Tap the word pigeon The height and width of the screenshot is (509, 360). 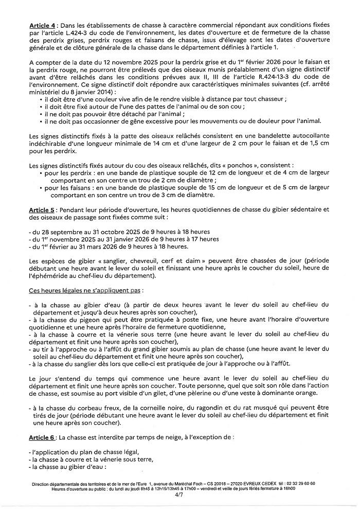tap(85, 320)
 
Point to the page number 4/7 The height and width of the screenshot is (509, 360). tap(179, 495)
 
